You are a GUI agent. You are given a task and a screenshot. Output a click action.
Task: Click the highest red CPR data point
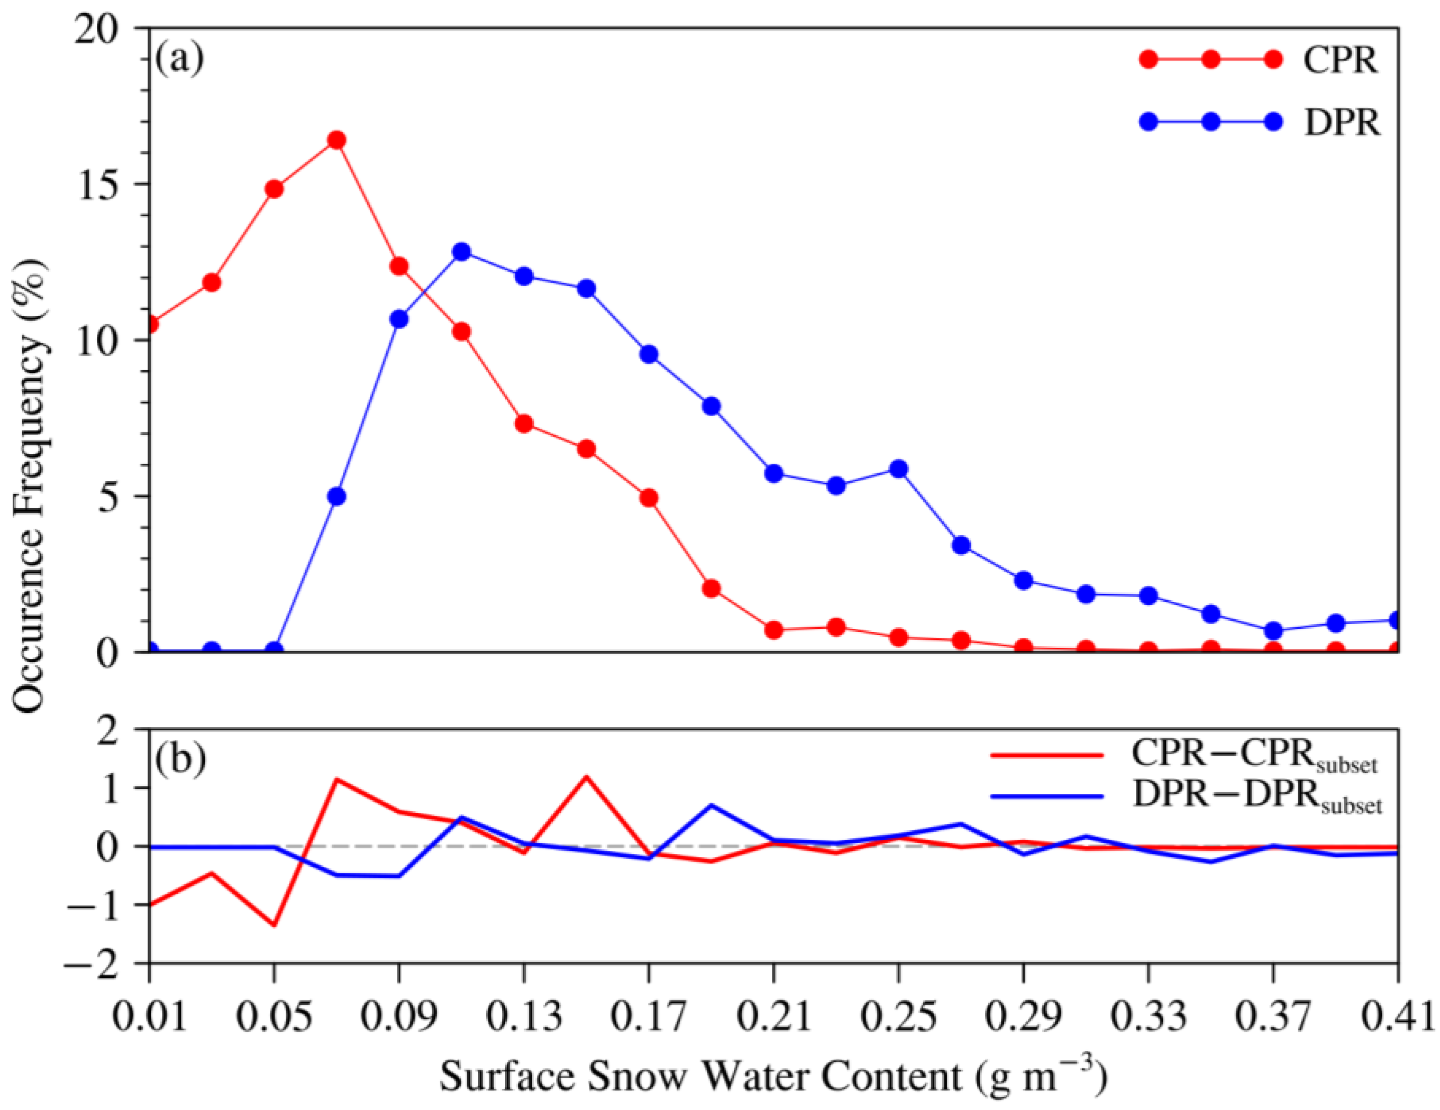coord(336,140)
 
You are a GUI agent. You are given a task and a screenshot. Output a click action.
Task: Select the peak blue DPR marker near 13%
coord(461,252)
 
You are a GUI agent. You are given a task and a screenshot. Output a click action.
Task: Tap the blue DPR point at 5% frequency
coord(336,497)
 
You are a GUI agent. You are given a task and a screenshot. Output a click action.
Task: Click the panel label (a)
coord(179,59)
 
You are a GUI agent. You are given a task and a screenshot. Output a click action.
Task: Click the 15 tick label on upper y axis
coord(99,185)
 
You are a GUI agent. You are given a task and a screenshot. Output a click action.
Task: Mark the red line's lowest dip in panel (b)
coord(274,924)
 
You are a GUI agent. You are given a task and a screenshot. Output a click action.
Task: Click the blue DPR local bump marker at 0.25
coord(899,469)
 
